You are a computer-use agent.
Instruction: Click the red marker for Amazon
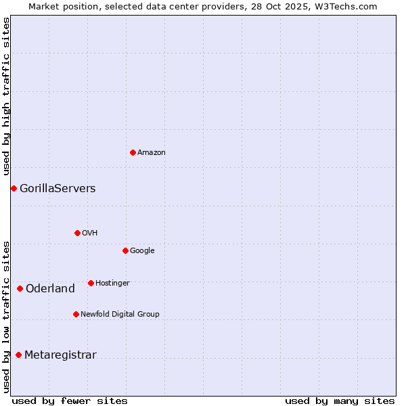click(x=133, y=152)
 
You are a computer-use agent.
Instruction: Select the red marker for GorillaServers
click(x=14, y=188)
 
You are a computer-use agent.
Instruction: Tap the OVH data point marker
click(x=77, y=233)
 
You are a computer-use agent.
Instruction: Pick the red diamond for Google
click(x=125, y=250)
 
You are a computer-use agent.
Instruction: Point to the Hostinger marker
click(x=91, y=283)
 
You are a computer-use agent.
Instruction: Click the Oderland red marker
click(x=20, y=289)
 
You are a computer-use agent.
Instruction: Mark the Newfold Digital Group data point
click(x=76, y=314)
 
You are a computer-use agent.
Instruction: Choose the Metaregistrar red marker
click(x=18, y=355)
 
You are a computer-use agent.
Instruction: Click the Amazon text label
click(x=152, y=153)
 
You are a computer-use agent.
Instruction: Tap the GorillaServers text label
click(x=58, y=189)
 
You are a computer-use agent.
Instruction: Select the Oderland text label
click(x=50, y=289)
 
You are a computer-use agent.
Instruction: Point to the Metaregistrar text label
click(x=60, y=355)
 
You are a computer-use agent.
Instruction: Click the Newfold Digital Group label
click(x=120, y=314)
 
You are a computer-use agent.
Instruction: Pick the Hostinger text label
click(x=112, y=283)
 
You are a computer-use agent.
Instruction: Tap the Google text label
click(x=142, y=251)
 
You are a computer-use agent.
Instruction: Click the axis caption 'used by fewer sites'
click(x=70, y=401)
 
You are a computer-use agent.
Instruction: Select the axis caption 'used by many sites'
click(x=340, y=401)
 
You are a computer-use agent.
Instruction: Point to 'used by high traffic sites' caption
click(x=7, y=96)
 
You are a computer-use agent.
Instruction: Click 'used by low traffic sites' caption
click(x=7, y=316)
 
